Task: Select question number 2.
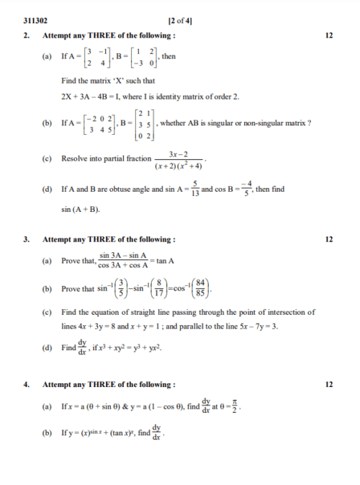point(26,35)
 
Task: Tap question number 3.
point(26,239)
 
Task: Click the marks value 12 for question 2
point(329,35)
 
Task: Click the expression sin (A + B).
point(81,210)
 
